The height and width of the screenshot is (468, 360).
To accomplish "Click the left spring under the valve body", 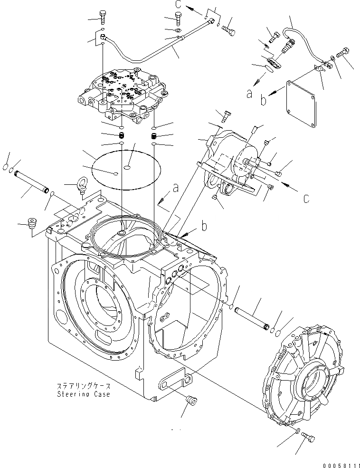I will tap(122, 136).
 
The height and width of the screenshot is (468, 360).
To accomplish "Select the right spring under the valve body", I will tap(154, 136).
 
